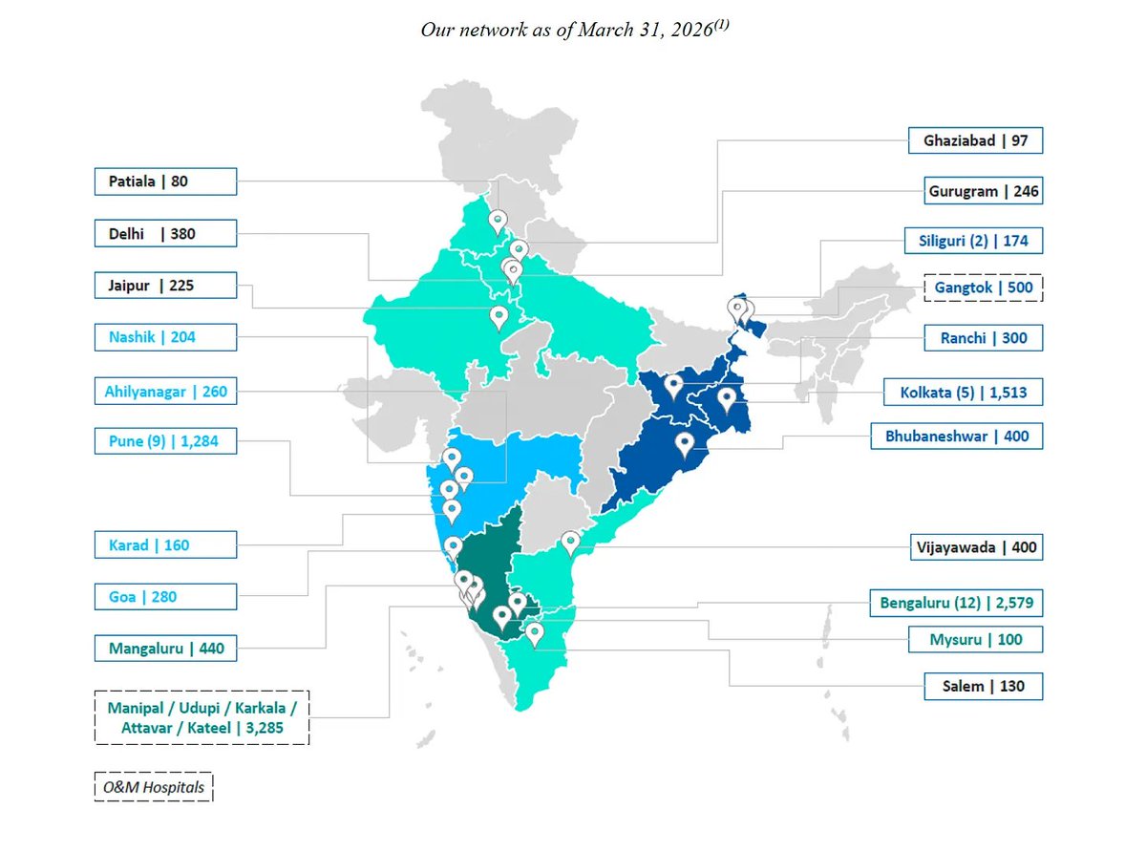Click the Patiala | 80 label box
tap(165, 181)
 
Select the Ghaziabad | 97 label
tap(975, 140)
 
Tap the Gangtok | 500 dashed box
tap(984, 288)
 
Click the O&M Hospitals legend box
tap(154, 787)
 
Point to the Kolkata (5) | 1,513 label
tap(963, 392)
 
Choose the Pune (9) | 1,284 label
tap(165, 441)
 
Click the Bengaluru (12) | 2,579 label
tap(956, 603)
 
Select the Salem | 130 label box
tap(984, 686)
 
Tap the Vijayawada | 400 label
tap(976, 547)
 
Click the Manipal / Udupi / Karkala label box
tap(202, 717)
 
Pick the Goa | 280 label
tap(165, 597)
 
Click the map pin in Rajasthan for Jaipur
tap(499, 317)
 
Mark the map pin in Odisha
tap(685, 444)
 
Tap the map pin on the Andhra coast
tap(570, 543)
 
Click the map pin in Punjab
tap(498, 222)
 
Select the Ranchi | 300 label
tap(984, 337)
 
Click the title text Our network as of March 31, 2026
tap(575, 29)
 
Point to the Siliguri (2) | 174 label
tap(973, 241)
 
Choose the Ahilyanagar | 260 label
tap(165, 392)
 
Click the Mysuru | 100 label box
tap(975, 640)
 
